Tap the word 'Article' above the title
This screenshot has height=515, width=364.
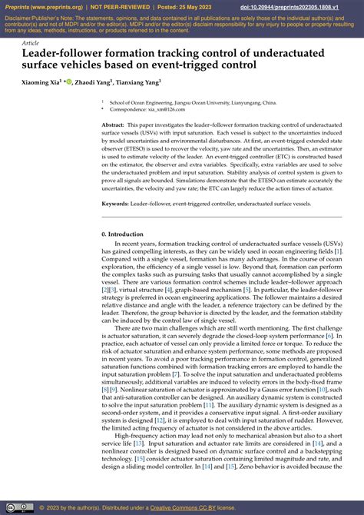[x=31, y=44]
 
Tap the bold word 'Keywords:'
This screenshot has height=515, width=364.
[x=115, y=204]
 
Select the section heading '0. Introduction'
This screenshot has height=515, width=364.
[x=122, y=234]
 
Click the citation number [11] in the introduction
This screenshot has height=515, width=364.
[x=208, y=403]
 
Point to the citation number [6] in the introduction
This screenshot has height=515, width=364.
[x=329, y=337]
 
